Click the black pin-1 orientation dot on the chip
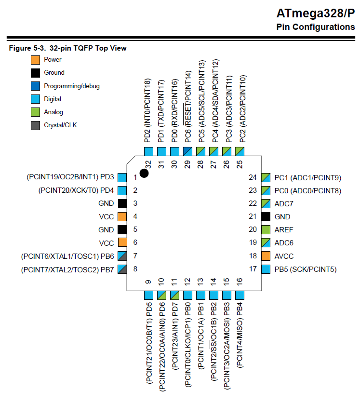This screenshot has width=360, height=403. pyautogui.click(x=144, y=173)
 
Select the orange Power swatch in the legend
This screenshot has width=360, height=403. pyautogui.click(x=36, y=60)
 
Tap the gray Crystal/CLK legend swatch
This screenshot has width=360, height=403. pyautogui.click(x=36, y=125)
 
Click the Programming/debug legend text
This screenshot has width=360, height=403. pyautogui.click(x=72, y=86)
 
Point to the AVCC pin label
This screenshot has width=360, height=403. pyautogui.click(x=284, y=256)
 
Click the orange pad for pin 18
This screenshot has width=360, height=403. pyautogui.click(x=266, y=256)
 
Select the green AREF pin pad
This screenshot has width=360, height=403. pyautogui.click(x=266, y=230)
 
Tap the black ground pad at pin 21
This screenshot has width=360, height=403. pyautogui.click(x=266, y=216)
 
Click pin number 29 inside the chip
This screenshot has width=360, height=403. pyautogui.click(x=187, y=164)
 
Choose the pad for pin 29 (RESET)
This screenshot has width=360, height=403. pyautogui.click(x=187, y=151)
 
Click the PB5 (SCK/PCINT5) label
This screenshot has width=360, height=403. pyautogui.click(x=306, y=269)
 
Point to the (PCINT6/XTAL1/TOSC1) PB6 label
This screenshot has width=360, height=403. pyautogui.click(x=67, y=256)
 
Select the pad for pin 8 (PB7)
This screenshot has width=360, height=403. pyautogui.click(x=122, y=269)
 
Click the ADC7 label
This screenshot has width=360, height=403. pyautogui.click(x=284, y=204)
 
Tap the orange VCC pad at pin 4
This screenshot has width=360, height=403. pyautogui.click(x=122, y=216)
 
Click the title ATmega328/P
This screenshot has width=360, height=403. pyautogui.click(x=316, y=13)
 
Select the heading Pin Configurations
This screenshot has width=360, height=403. pyautogui.click(x=316, y=27)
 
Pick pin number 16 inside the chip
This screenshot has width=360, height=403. pyautogui.click(x=239, y=282)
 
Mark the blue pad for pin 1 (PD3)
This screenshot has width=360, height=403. pyautogui.click(x=122, y=177)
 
